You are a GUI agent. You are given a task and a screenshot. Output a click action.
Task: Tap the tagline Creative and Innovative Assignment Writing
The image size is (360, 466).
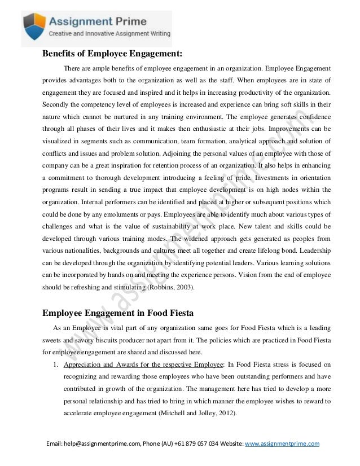[x=108, y=36]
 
